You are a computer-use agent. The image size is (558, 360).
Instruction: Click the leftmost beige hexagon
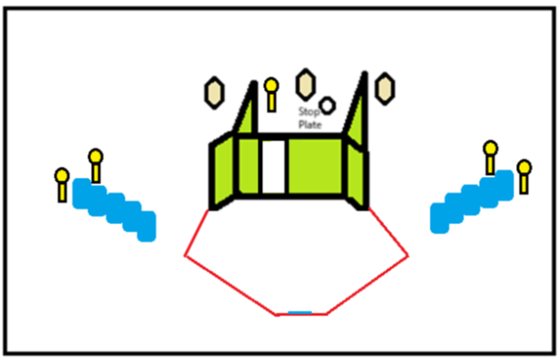(214, 93)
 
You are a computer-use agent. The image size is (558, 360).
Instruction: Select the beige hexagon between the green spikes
(305, 85)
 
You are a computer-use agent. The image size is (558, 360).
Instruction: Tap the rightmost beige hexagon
(385, 88)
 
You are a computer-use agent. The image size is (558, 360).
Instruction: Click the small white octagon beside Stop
(327, 105)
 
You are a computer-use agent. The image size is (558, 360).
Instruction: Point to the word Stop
(309, 112)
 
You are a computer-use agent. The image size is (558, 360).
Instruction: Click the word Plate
(310, 125)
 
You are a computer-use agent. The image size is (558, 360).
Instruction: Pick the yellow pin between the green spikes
(272, 95)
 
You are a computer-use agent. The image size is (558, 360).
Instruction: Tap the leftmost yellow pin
(62, 185)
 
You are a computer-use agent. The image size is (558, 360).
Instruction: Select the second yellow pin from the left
(96, 167)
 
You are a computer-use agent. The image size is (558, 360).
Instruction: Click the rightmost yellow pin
(524, 177)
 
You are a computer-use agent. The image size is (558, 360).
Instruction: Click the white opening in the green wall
(273, 167)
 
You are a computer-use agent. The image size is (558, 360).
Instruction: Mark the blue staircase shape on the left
(114, 209)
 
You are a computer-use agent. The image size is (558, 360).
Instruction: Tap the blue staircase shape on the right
(472, 202)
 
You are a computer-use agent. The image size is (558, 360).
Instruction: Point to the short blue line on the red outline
(300, 313)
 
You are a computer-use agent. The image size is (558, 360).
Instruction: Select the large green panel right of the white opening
(315, 167)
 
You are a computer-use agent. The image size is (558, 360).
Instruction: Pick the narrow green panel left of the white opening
(248, 167)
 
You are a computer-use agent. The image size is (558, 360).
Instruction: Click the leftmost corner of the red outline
(185, 256)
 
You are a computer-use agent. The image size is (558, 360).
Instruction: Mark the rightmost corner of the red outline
(408, 256)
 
